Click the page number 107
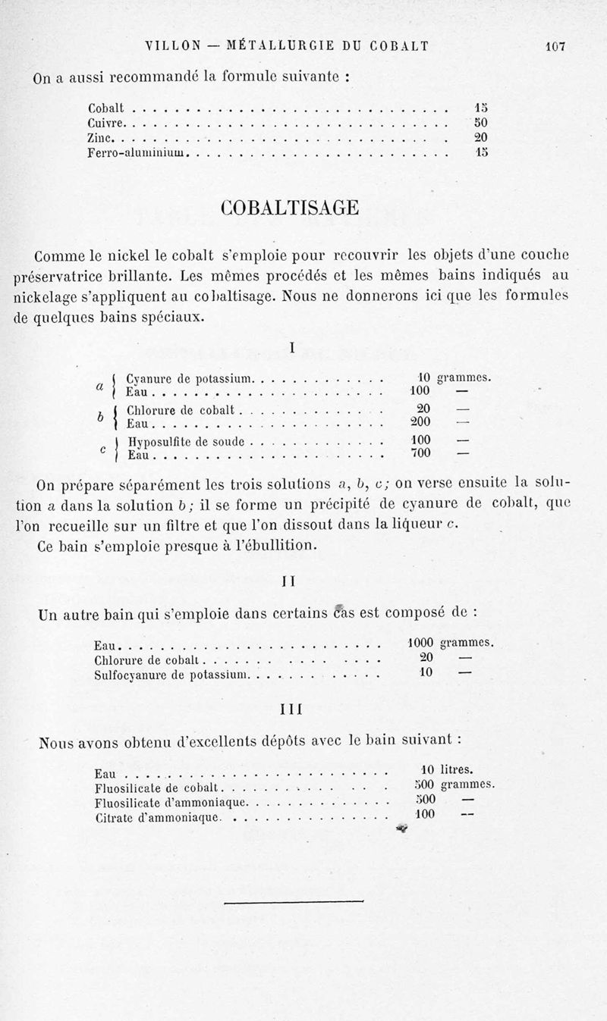coord(556,46)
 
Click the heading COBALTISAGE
coord(289,207)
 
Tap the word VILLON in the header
coord(174,46)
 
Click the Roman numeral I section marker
coord(293,348)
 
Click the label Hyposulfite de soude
coord(187,440)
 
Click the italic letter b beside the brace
coord(100,417)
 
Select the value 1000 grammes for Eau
coord(446,643)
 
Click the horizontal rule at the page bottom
coord(294,900)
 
